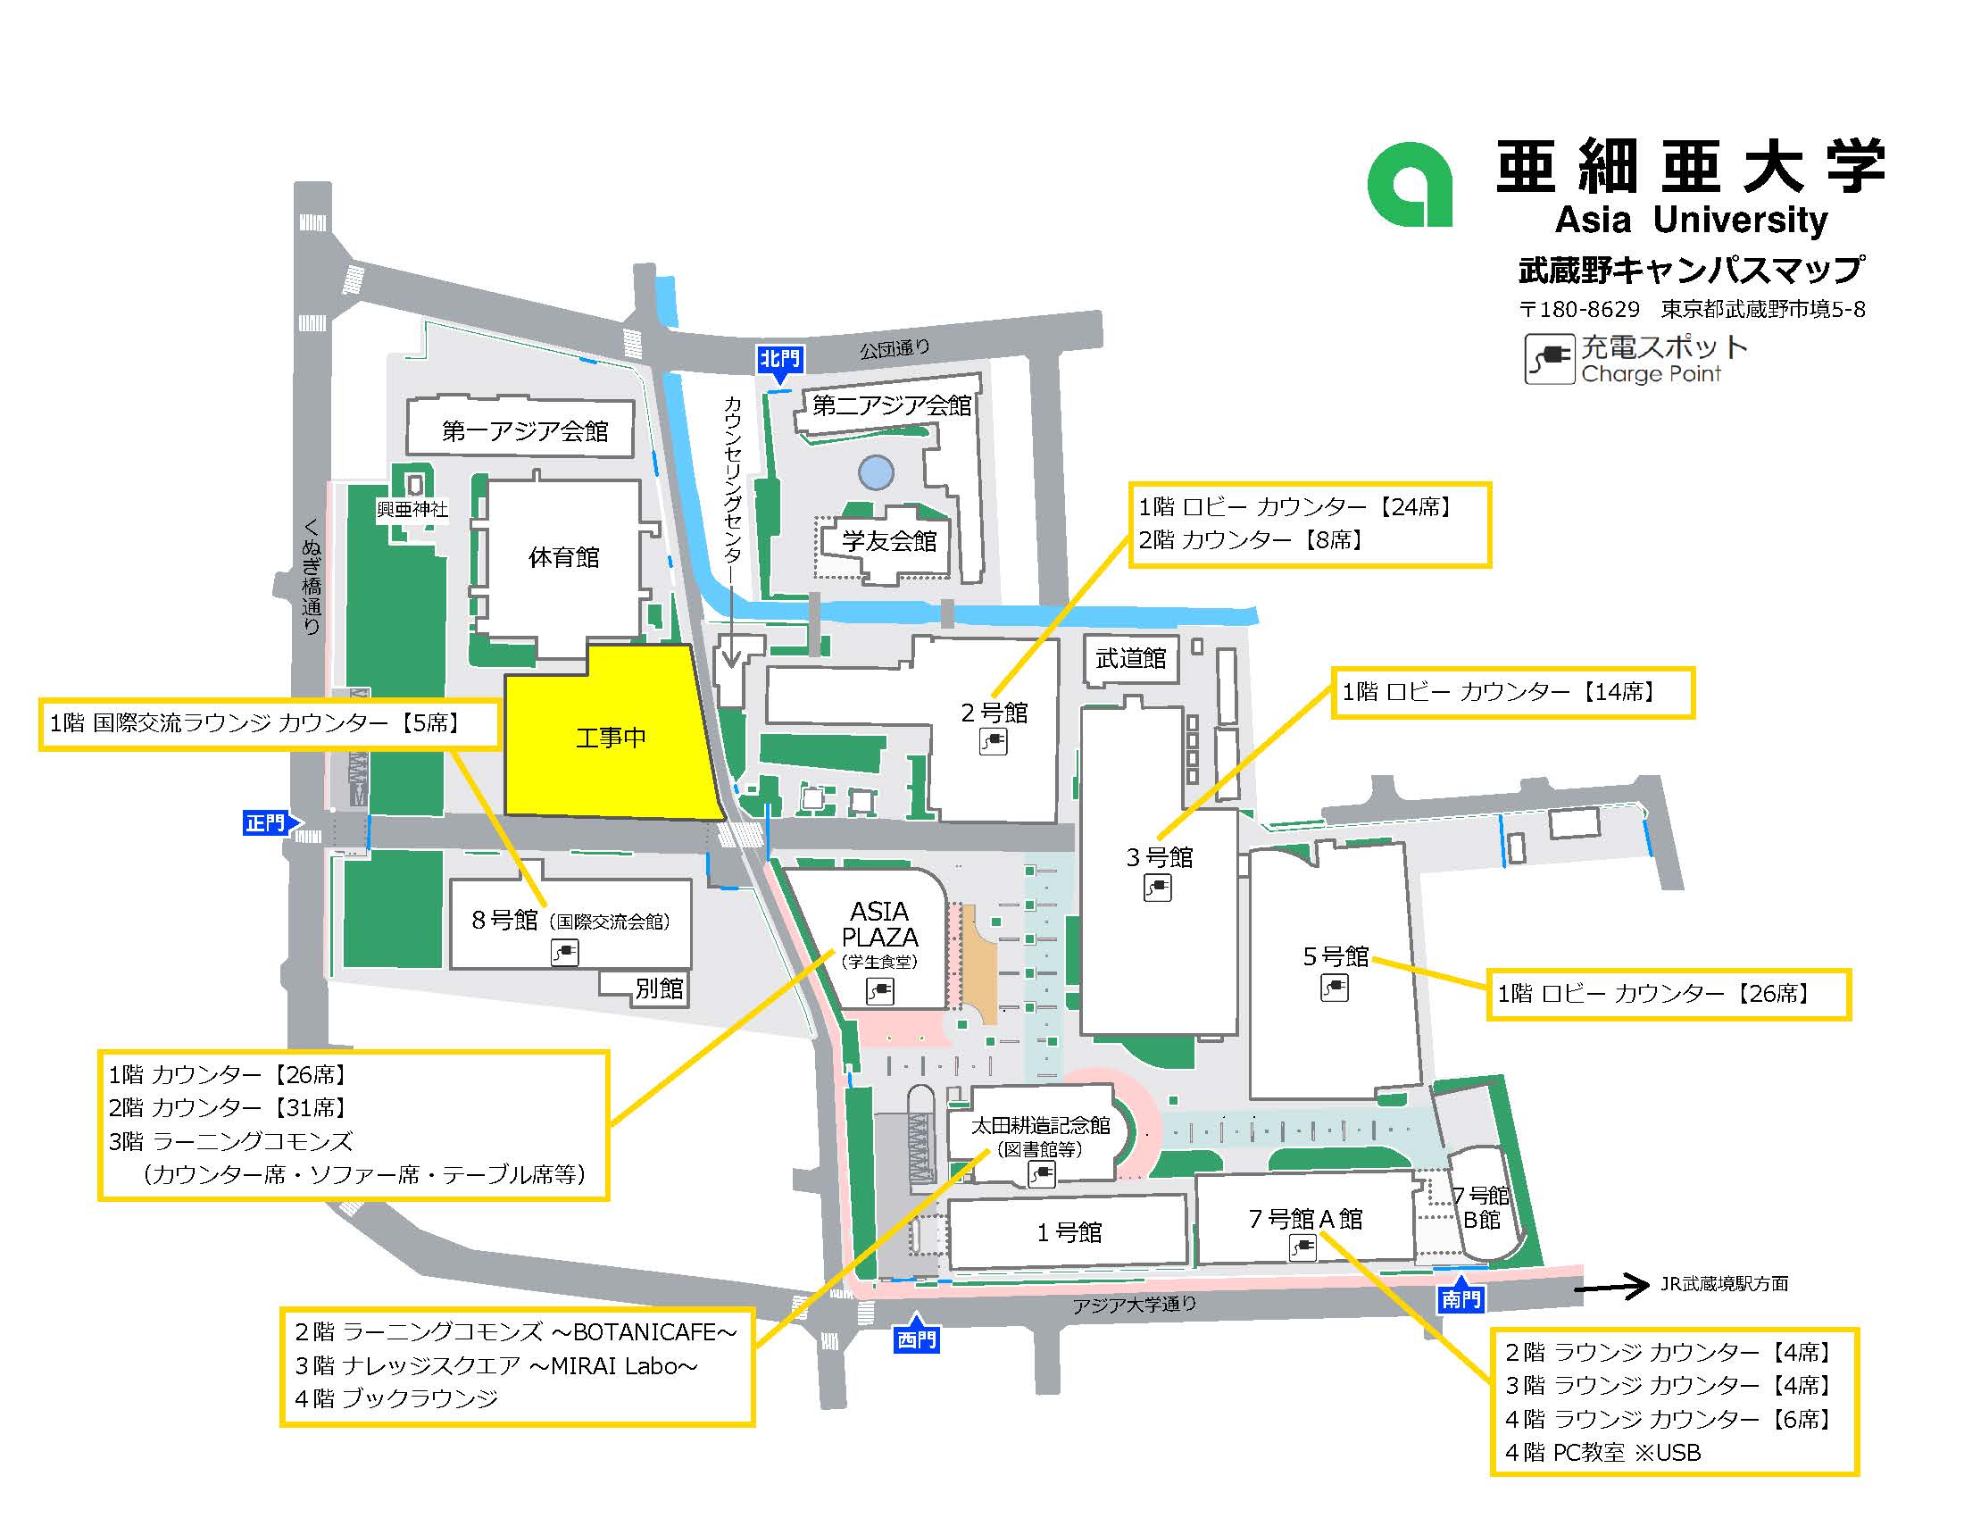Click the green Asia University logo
pyautogui.click(x=1409, y=185)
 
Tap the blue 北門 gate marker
pyautogui.click(x=778, y=361)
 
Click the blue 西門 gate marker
pyautogui.click(x=916, y=1340)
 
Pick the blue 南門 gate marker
pyautogui.click(x=1461, y=1298)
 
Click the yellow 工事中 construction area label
pyautogui.click(x=611, y=738)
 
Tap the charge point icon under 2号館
pyautogui.click(x=993, y=742)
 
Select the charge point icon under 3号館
pyautogui.click(x=1157, y=888)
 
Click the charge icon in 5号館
pyautogui.click(x=1334, y=988)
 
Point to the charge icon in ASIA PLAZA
pyautogui.click(x=878, y=991)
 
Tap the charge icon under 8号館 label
pyautogui.click(x=564, y=952)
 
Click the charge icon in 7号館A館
pyautogui.click(x=1302, y=1247)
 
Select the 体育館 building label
pyautogui.click(x=564, y=557)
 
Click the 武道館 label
pyautogui.click(x=1130, y=658)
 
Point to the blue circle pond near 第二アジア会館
pyautogui.click(x=876, y=471)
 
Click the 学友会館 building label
pyautogui.click(x=888, y=541)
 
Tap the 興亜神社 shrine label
pyautogui.click(x=412, y=509)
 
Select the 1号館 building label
pyautogui.click(x=1069, y=1232)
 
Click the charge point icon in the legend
pyautogui.click(x=1549, y=359)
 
